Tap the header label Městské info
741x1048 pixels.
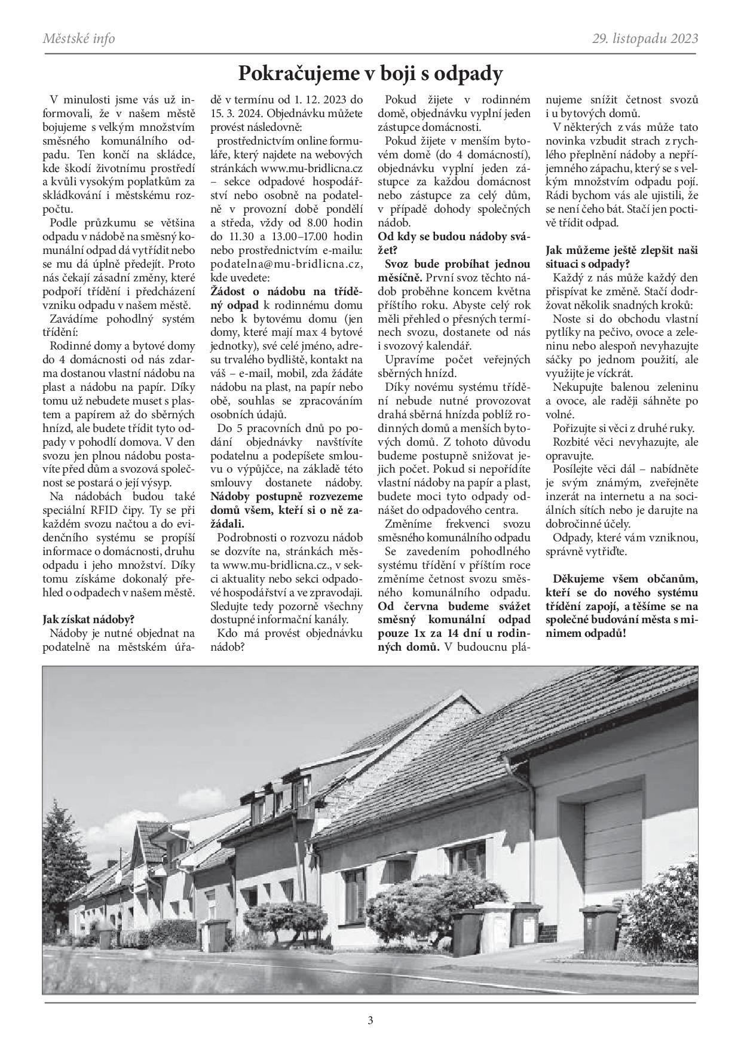click(x=79, y=39)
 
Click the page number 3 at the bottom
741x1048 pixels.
click(x=370, y=1020)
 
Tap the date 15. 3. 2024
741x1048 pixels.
click(x=237, y=113)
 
